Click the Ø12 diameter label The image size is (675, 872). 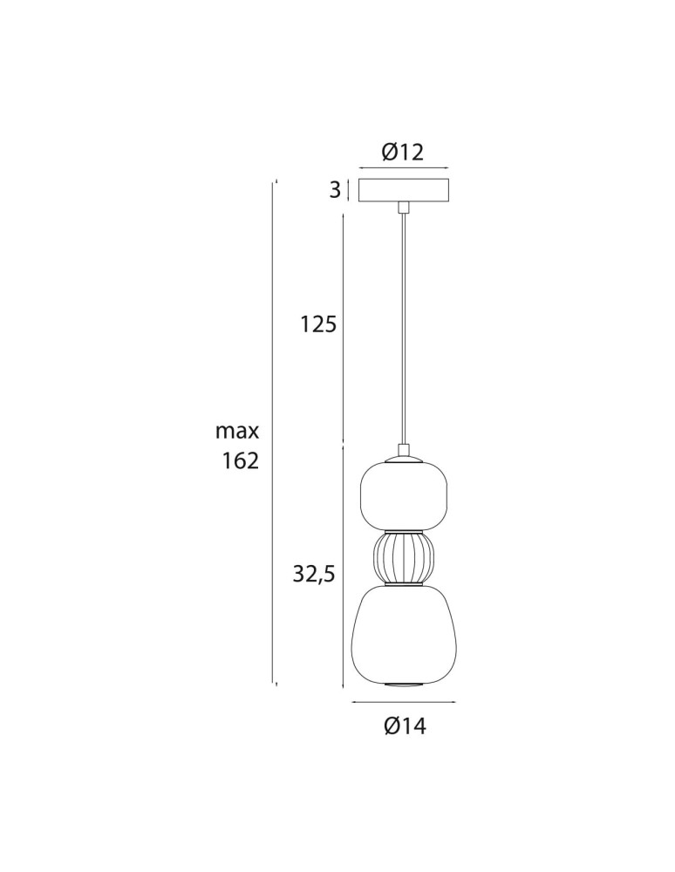403,153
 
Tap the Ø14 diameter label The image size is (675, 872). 405,726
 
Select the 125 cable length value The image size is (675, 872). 318,325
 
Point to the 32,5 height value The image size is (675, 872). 314,573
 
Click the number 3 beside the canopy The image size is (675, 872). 335,191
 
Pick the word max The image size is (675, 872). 237,431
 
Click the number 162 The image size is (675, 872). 241,461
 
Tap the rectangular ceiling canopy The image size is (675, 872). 403,190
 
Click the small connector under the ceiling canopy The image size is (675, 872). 403,208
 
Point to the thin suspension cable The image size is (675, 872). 403,331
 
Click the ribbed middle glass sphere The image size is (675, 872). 403,558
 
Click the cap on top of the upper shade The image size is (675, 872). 403,454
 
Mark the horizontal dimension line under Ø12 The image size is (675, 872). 403,168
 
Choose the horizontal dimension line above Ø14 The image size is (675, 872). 403,702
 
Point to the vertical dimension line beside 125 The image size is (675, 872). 343,327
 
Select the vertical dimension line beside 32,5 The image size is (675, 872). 343,567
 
